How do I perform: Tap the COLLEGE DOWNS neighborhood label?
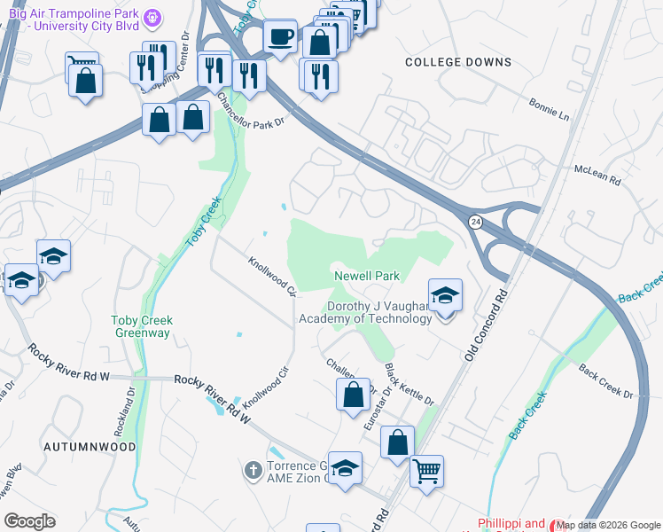[x=458, y=62]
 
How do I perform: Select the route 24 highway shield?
[x=475, y=222]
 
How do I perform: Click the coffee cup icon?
[x=281, y=37]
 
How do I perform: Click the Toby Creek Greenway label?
[x=142, y=326]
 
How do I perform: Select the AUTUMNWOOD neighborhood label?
[x=90, y=448]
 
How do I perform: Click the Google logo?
[x=29, y=521]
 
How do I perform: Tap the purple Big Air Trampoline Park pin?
[x=153, y=17]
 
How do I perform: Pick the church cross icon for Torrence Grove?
[x=253, y=468]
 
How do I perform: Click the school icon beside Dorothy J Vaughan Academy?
[x=445, y=295]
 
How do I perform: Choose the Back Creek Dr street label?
[x=610, y=379]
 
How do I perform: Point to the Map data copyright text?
[x=607, y=524]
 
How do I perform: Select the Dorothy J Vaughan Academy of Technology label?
[x=364, y=312]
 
